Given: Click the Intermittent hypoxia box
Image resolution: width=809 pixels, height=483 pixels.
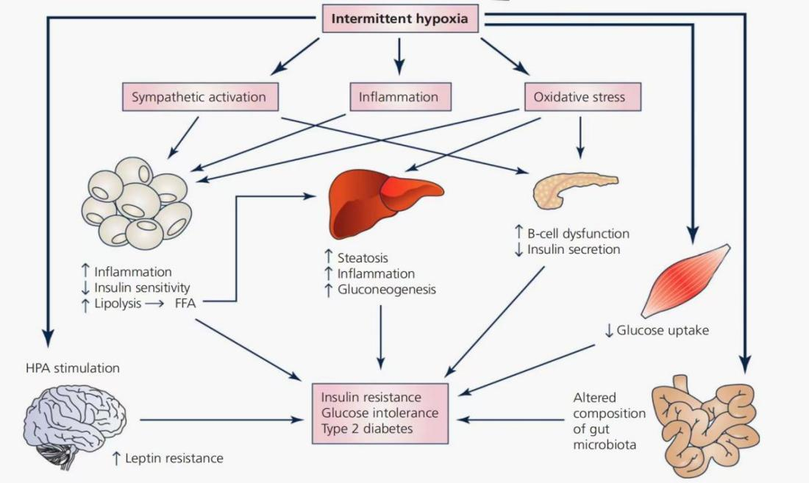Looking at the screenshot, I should click(399, 18).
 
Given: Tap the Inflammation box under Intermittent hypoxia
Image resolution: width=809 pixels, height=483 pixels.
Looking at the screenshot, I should click(398, 96).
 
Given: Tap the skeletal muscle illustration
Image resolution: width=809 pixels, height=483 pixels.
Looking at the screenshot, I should click(686, 280).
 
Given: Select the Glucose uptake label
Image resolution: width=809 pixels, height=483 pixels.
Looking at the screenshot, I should click(662, 330).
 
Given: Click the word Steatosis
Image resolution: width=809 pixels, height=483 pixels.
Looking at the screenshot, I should click(363, 258).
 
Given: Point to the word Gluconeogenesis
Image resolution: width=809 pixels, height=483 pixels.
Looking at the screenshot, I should click(387, 289).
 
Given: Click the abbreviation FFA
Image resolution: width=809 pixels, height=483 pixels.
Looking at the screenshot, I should click(185, 302).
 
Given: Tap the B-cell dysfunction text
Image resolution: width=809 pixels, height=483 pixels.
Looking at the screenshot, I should click(578, 234).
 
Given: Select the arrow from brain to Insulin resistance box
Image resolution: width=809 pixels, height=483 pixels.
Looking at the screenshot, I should click(221, 420).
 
